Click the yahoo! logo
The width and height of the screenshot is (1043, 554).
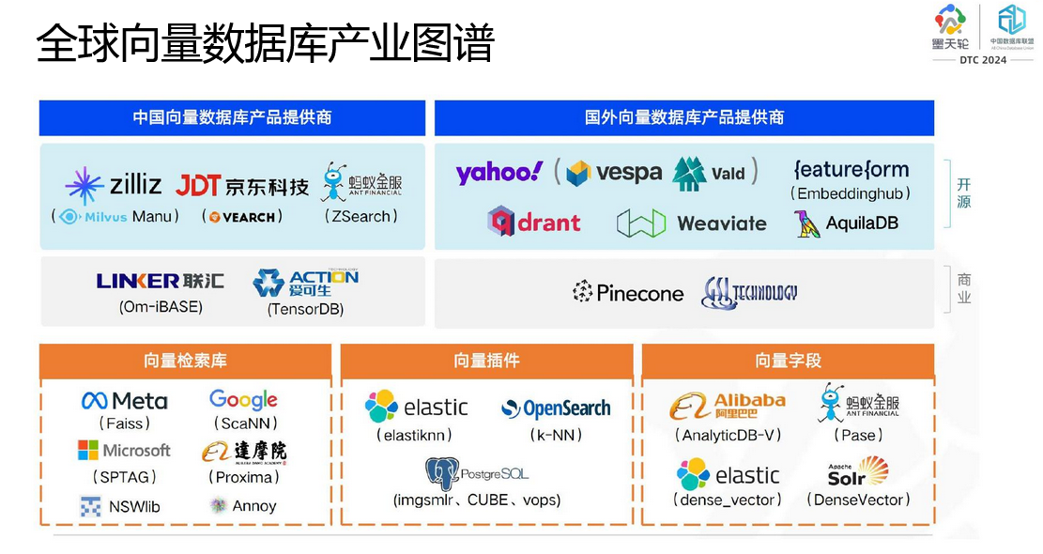coord(498,172)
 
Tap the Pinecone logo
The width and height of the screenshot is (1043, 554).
coord(628,293)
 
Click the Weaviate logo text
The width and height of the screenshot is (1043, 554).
coord(721,223)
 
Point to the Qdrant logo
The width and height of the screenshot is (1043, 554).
coord(534,223)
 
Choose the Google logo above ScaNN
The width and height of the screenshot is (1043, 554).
coord(243,400)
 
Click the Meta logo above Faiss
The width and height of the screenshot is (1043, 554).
coord(125,401)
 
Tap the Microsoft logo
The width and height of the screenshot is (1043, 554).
coord(124,451)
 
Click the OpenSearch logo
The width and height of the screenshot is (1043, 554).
coord(556,408)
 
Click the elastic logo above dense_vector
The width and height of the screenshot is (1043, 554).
coord(728,474)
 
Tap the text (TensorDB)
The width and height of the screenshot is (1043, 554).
coord(305,309)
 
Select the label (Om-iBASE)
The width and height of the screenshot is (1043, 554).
coord(161,307)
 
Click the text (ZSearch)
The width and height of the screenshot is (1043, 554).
coord(361,216)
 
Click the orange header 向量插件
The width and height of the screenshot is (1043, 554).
coord(486,361)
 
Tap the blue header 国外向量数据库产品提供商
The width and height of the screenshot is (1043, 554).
coord(684,117)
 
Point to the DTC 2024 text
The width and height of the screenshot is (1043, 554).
coord(982,60)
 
